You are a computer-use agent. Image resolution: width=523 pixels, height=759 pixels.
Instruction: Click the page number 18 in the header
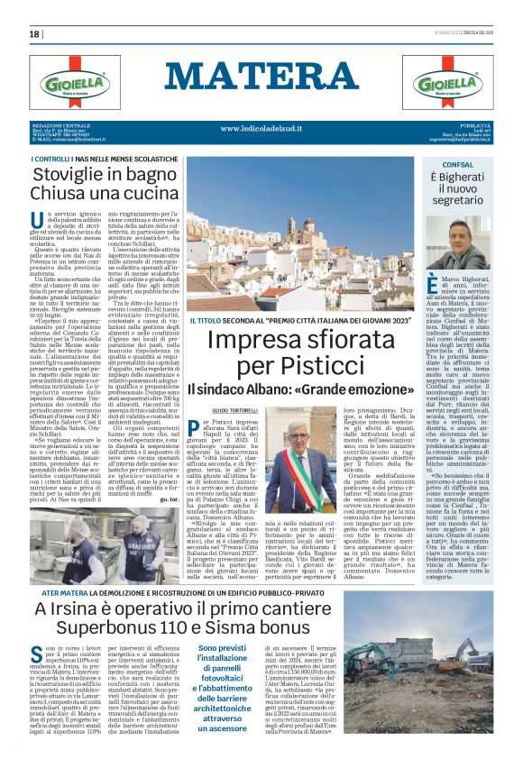coord(34,34)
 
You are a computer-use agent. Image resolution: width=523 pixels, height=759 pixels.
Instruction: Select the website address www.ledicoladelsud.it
coord(261,128)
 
